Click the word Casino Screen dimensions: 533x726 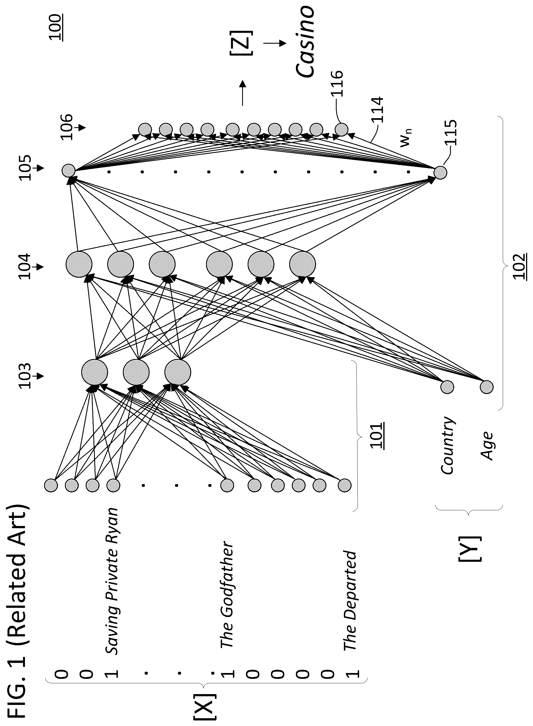pos(305,42)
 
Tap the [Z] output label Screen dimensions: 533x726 pos(241,43)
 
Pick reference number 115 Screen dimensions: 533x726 pos(450,133)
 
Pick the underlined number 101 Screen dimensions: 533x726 pos(377,436)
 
